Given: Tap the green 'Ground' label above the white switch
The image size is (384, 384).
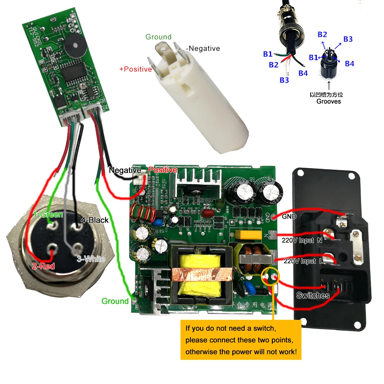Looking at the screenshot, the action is click(x=158, y=37).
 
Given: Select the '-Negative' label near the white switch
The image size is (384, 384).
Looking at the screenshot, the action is click(x=203, y=48).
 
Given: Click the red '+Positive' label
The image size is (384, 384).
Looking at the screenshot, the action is click(x=136, y=70).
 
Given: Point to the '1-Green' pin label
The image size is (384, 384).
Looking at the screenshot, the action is click(x=48, y=214).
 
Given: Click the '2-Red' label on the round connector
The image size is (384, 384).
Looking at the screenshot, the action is click(x=43, y=266).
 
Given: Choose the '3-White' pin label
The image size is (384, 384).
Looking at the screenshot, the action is click(x=91, y=259).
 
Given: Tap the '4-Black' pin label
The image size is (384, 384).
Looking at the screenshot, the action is click(x=94, y=220).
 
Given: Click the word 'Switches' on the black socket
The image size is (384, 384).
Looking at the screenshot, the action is click(x=313, y=295).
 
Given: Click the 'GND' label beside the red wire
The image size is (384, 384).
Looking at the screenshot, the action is click(x=289, y=217).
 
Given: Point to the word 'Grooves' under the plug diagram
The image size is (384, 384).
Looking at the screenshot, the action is click(x=329, y=101).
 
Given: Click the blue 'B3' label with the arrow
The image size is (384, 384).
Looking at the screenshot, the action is click(x=348, y=39).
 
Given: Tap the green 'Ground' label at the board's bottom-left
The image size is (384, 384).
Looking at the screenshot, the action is click(x=115, y=301).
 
